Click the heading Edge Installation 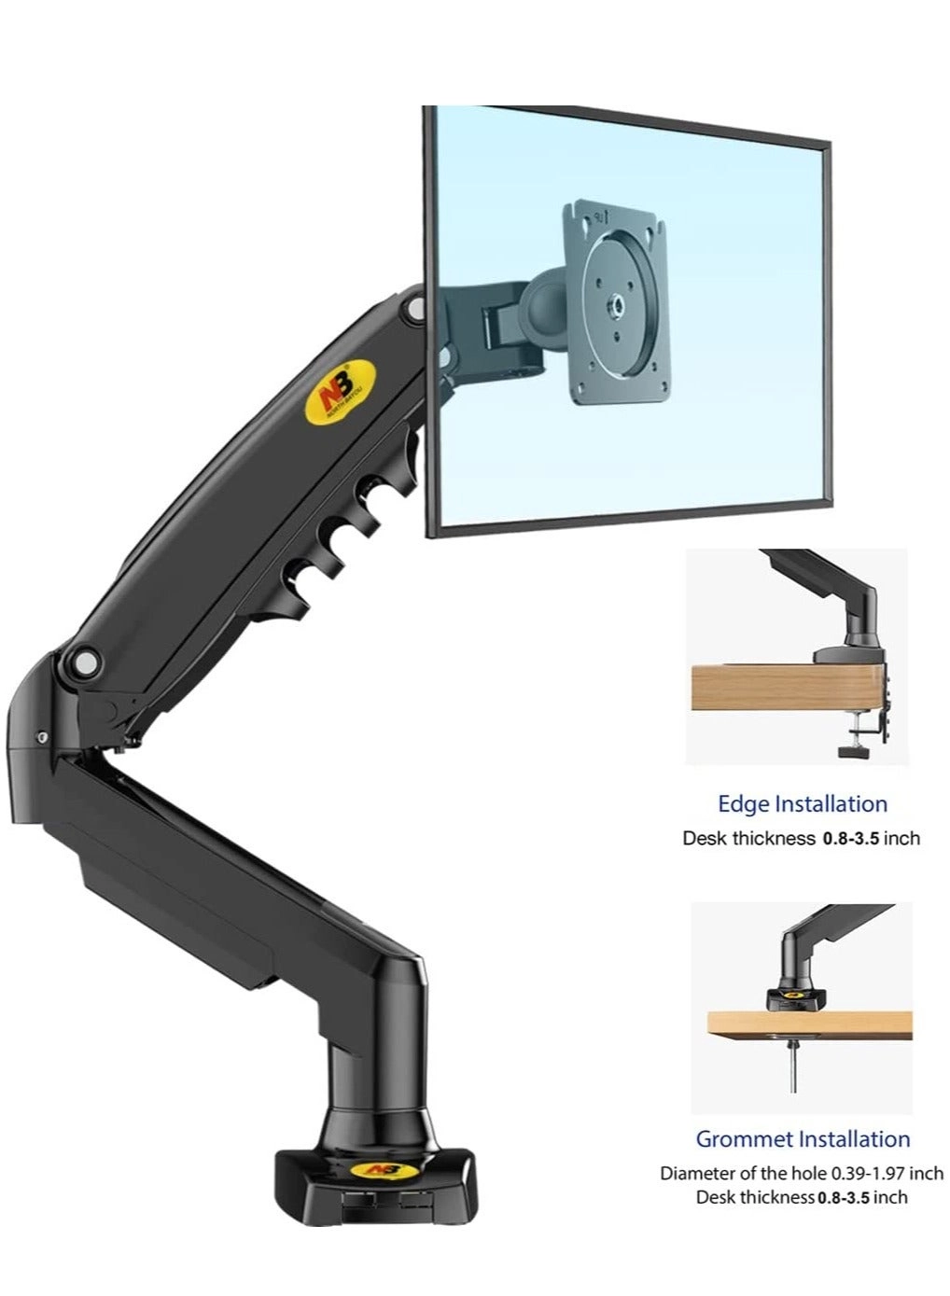click(802, 804)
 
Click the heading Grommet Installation click(803, 1139)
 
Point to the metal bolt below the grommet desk click(793, 1068)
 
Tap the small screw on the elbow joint click(43, 737)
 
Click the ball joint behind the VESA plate click(542, 300)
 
